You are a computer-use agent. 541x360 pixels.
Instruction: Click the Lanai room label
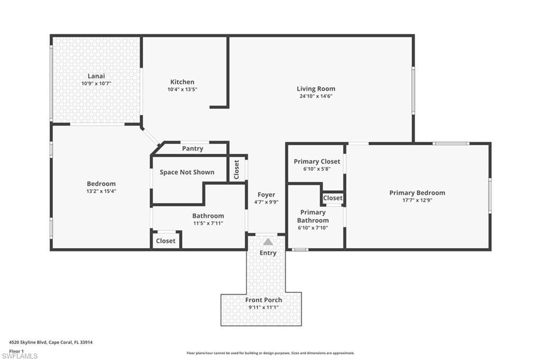tap(96, 76)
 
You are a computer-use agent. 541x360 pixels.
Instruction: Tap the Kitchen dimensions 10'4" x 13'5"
tap(182, 89)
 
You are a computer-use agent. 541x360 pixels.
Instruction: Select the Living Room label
tap(315, 89)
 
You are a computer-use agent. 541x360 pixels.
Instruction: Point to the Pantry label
tap(192, 148)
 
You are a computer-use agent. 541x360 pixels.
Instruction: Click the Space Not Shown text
tap(187, 172)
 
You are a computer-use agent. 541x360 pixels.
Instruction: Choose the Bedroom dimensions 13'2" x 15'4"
tap(101, 191)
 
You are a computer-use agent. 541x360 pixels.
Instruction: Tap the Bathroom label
tap(208, 215)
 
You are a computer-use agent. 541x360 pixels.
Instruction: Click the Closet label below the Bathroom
tap(165, 241)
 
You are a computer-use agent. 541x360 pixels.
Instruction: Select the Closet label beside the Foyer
tap(237, 169)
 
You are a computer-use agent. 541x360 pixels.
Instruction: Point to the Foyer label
tap(266, 195)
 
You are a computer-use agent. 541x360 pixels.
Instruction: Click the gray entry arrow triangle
tap(268, 242)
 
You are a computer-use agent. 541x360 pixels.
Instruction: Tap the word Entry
tap(268, 253)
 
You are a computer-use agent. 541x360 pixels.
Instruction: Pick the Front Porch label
tap(264, 300)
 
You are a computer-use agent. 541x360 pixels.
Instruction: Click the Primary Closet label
tap(317, 162)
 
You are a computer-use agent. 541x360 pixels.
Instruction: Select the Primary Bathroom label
tap(313, 216)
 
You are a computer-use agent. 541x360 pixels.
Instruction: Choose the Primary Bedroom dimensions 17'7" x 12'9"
tap(417, 200)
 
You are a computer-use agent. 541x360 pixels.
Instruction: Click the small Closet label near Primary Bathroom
tap(333, 198)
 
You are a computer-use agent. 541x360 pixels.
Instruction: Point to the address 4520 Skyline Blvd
tap(51, 342)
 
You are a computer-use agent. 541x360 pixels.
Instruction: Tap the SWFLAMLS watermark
tap(20, 356)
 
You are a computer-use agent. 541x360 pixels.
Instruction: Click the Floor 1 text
tap(17, 350)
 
